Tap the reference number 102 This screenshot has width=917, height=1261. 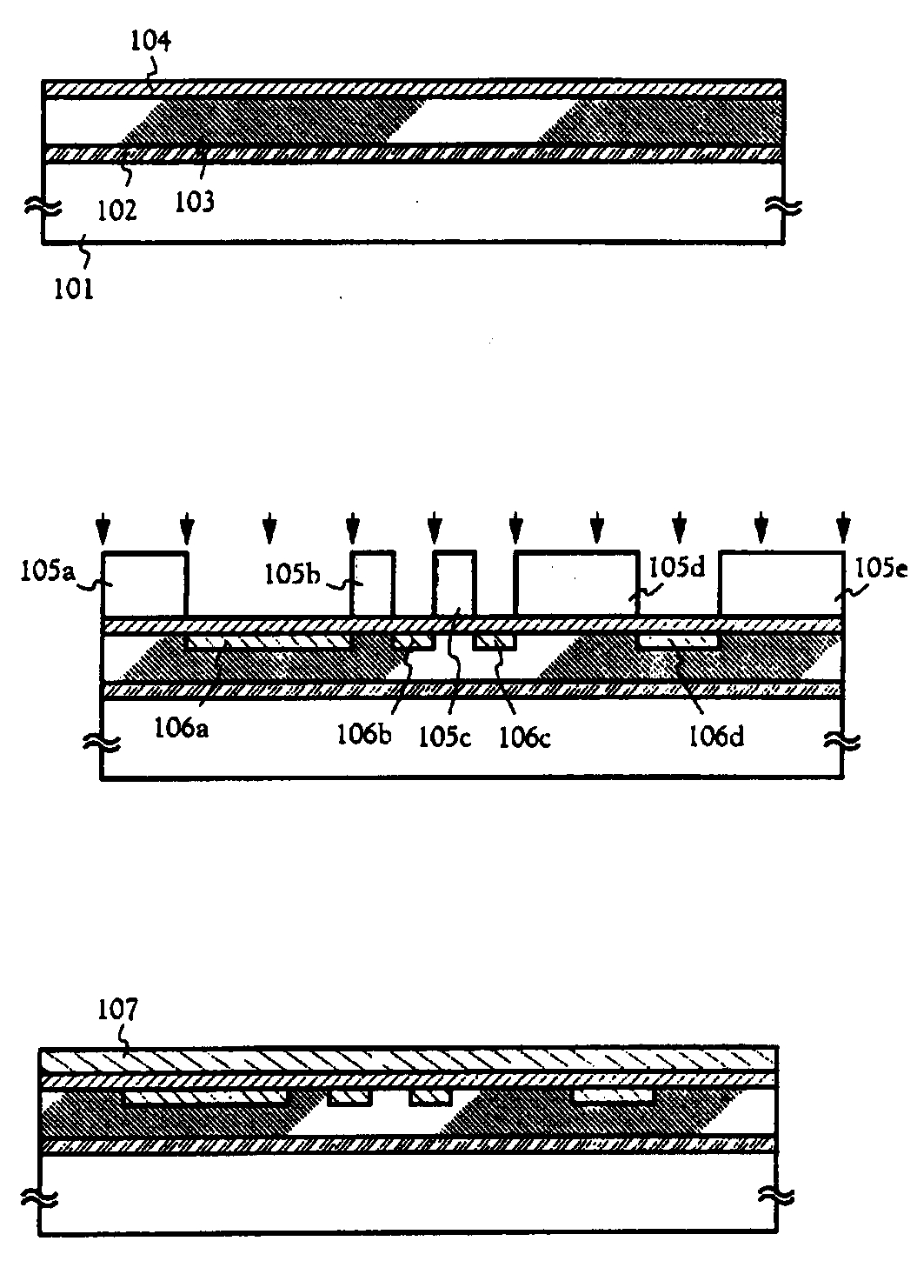(x=118, y=209)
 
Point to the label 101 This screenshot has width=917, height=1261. (x=75, y=287)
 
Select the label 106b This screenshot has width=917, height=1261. (x=364, y=736)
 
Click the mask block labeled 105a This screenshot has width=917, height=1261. (x=144, y=584)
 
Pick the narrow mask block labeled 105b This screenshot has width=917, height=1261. (x=373, y=584)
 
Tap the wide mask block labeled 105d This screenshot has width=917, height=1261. (x=575, y=584)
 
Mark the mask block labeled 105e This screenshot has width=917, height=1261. (x=781, y=584)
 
